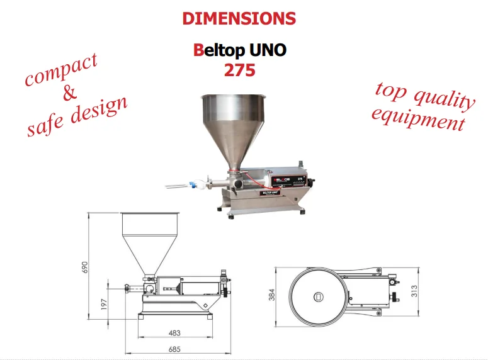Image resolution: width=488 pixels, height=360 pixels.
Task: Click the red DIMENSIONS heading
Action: (x=239, y=18)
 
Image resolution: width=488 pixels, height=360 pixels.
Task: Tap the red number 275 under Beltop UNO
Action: (x=240, y=70)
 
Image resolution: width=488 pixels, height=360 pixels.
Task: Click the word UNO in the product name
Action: (x=268, y=50)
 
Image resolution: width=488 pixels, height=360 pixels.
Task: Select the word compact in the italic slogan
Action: (x=61, y=70)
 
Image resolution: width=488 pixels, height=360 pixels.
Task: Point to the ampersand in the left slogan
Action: (x=69, y=93)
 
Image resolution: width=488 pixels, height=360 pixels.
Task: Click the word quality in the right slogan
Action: (x=444, y=99)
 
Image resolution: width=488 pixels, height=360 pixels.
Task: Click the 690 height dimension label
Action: (x=84, y=267)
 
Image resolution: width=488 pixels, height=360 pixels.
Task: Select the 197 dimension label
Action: (x=104, y=304)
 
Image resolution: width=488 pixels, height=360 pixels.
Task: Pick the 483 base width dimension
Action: (x=174, y=333)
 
